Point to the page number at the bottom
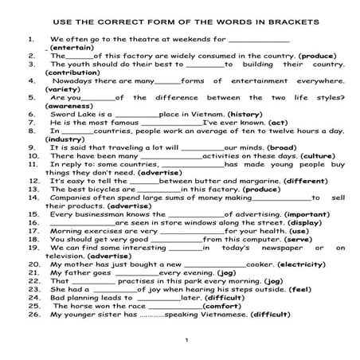[185, 341]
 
